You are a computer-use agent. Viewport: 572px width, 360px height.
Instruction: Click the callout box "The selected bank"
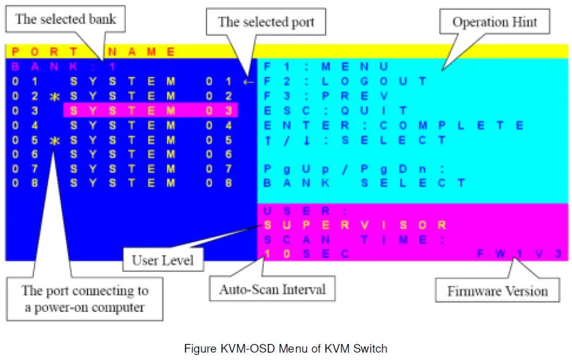[65, 19]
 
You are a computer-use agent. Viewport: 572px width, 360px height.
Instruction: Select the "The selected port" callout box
[266, 22]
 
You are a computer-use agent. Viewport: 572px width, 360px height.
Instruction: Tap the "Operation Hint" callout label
[494, 22]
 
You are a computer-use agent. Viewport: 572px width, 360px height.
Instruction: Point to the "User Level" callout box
[162, 260]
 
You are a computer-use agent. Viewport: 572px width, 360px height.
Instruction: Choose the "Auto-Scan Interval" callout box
[272, 288]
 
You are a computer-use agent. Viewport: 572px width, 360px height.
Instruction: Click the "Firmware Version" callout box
[497, 290]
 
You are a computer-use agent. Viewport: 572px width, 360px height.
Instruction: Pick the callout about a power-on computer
[85, 298]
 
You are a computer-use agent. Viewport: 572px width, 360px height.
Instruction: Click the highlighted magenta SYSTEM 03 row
[150, 111]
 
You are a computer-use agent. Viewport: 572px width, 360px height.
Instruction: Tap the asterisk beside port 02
[54, 97]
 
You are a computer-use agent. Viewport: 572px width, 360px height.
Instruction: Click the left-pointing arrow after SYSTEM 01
[248, 81]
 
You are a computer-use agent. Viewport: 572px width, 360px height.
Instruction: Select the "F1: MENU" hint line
[325, 66]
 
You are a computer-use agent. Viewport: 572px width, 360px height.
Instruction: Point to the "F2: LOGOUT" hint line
[345, 81]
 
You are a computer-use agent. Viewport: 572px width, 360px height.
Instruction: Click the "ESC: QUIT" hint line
[335, 111]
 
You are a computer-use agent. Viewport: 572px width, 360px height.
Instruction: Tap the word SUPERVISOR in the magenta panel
[354, 225]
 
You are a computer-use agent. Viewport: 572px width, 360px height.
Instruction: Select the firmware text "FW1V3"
[519, 254]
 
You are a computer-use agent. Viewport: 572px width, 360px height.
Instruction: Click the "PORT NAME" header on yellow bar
[93, 52]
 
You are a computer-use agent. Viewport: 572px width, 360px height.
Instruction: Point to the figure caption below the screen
[285, 348]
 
